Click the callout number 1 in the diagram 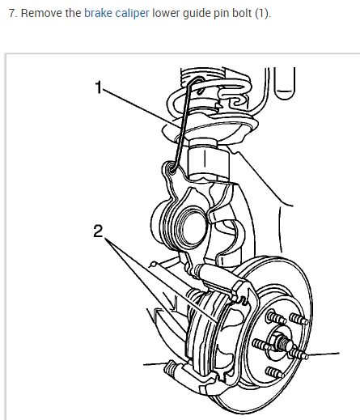click(x=99, y=87)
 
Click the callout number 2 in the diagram click(x=98, y=231)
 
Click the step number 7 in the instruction click(x=11, y=13)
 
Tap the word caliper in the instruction click(x=132, y=14)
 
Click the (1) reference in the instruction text click(x=262, y=14)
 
